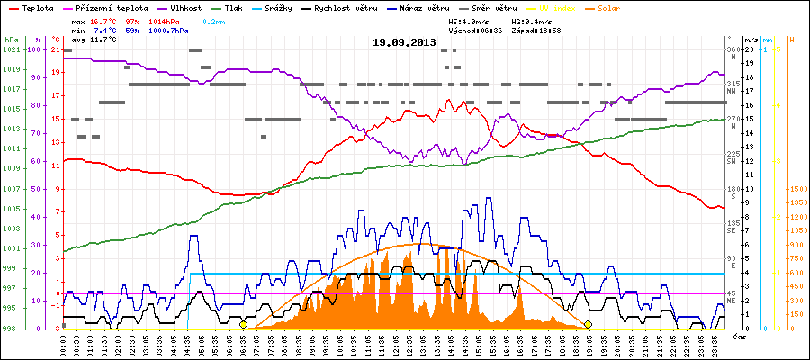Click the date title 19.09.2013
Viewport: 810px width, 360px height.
tap(404, 42)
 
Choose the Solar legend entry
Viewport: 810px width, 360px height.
tap(622, 8)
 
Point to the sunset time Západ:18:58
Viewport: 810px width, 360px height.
tap(537, 31)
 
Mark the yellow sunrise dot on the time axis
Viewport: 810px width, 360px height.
tap(243, 324)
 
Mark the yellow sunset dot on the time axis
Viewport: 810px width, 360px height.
tap(588, 324)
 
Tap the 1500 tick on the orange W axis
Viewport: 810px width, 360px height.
tap(797, 189)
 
